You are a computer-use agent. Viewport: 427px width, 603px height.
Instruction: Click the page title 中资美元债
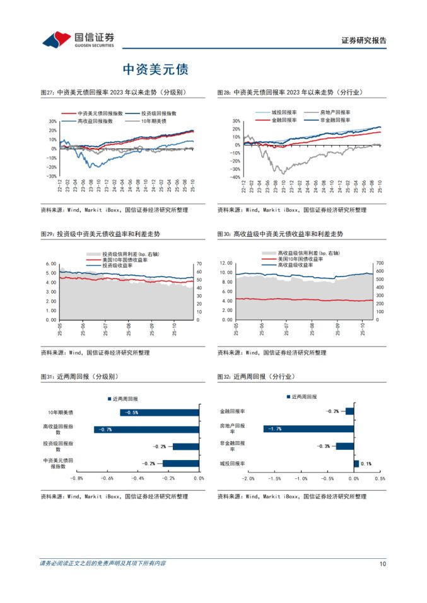click(155, 69)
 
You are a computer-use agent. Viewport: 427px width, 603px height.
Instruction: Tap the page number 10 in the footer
click(382, 563)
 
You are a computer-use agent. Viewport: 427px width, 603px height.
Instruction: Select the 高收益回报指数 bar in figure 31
click(146, 430)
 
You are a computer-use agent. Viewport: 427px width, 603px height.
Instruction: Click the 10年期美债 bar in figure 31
click(160, 413)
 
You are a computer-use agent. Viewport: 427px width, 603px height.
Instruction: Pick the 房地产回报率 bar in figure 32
click(308, 429)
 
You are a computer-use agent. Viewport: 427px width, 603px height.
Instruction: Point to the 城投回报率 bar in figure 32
click(356, 464)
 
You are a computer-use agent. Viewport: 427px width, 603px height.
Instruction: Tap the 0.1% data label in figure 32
click(366, 464)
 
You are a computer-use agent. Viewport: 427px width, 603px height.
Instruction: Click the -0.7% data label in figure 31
click(105, 430)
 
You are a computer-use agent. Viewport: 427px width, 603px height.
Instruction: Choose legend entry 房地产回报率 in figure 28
click(333, 112)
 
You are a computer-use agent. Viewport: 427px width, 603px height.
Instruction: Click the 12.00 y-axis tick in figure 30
click(226, 263)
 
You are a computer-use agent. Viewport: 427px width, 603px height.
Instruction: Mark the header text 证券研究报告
click(364, 40)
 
